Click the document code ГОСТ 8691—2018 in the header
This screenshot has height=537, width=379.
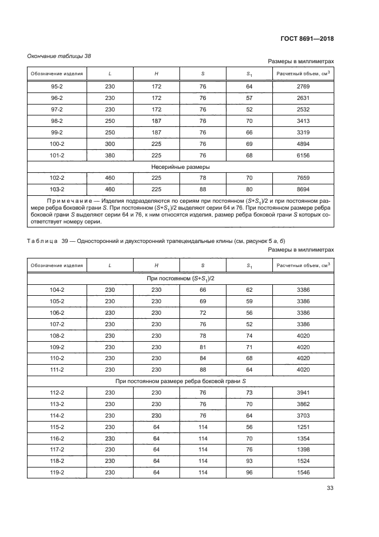[x=307, y=39]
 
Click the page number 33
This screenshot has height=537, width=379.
[x=330, y=488]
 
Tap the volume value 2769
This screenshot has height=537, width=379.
[x=304, y=87]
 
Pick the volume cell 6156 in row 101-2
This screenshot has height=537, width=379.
[x=304, y=156]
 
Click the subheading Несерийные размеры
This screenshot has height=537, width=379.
[x=181, y=167]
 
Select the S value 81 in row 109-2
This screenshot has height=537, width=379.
[x=202, y=347]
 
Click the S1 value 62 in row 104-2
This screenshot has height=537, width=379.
[x=249, y=290]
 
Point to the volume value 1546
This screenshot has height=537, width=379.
[x=304, y=473]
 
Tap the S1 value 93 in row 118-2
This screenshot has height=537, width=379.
[x=249, y=461]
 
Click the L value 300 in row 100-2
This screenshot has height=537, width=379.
[x=110, y=144]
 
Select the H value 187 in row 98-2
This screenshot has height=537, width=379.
[x=157, y=121]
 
